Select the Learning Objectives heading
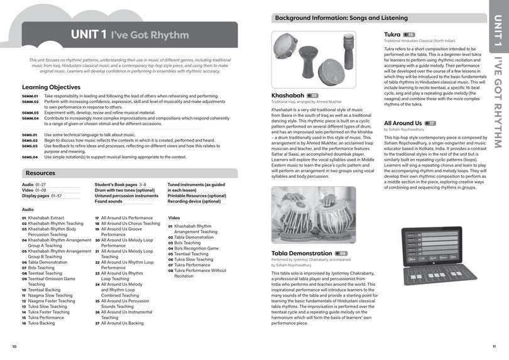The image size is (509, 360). pyautogui.click(x=51, y=87)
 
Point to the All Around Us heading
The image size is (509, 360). pyautogui.click(x=403, y=123)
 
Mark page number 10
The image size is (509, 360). pyautogui.click(x=14, y=346)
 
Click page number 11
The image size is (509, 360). pyautogui.click(x=494, y=346)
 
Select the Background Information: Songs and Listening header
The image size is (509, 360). pyautogui.click(x=341, y=18)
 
